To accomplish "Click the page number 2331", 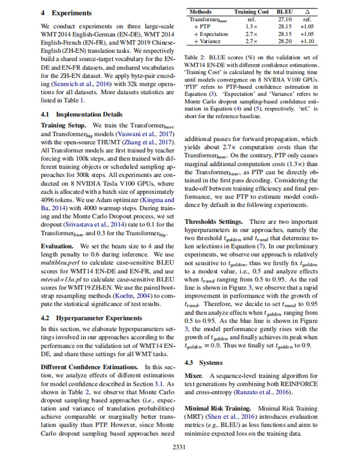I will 179,446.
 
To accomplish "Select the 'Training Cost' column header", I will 252,11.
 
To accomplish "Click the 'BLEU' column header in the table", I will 286,11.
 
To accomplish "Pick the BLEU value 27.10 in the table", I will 286,19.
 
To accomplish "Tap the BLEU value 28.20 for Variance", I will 286,41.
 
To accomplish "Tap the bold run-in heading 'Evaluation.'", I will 57,247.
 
